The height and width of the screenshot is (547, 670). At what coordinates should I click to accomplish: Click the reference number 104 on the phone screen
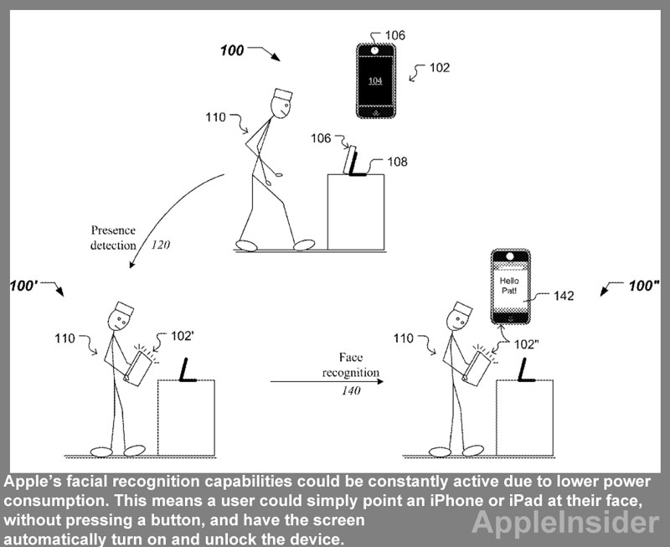[x=374, y=80]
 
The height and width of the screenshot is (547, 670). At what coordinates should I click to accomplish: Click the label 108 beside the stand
[x=397, y=162]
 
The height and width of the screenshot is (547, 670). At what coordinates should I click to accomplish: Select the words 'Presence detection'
[x=114, y=238]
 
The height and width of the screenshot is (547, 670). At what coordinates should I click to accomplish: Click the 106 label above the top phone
[x=395, y=35]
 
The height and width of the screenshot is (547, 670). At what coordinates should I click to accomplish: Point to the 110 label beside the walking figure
[x=215, y=117]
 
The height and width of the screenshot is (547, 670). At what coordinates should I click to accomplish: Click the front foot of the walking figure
[x=304, y=245]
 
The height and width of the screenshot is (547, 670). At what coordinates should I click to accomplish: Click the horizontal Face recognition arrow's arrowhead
[x=380, y=381]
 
